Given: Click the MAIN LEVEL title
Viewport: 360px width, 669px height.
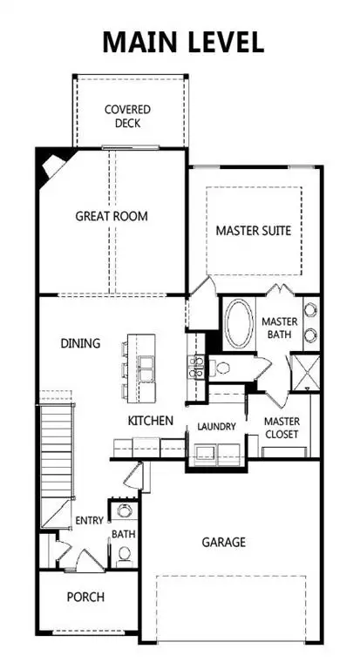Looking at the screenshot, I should [x=182, y=42].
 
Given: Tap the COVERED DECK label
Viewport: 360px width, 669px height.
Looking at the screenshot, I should [x=129, y=116].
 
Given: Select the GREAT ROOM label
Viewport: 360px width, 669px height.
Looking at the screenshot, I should [x=112, y=216].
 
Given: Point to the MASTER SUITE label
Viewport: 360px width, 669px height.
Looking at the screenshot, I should [x=254, y=231].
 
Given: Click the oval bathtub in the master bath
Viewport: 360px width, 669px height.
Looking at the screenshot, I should [x=237, y=325].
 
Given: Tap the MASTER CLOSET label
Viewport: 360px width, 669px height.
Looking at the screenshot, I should [x=282, y=428].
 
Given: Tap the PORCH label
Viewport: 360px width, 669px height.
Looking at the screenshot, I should [x=85, y=597].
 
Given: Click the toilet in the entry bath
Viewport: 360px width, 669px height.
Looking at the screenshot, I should [x=125, y=552].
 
